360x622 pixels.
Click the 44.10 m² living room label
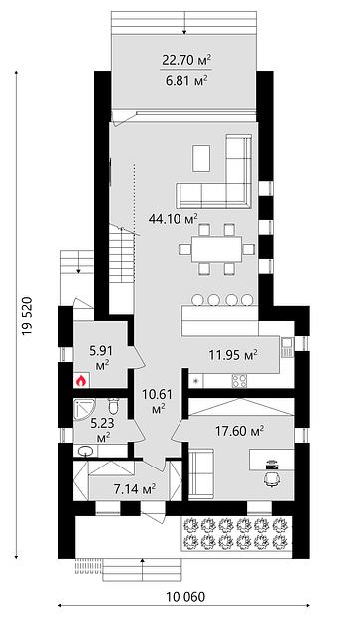[x=174, y=218]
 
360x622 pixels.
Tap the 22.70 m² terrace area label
[x=185, y=60]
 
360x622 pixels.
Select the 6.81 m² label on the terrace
[x=185, y=81]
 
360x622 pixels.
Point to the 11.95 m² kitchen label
[x=233, y=354]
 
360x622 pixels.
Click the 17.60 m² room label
[x=239, y=430]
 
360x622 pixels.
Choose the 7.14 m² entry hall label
[x=135, y=489]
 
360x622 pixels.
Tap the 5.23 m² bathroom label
[x=102, y=430]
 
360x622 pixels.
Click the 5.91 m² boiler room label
[x=101, y=358]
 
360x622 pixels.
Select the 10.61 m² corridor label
[x=158, y=402]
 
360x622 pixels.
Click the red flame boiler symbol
[x=81, y=381]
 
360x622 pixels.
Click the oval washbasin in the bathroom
[x=84, y=451]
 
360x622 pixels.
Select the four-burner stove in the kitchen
[x=239, y=381]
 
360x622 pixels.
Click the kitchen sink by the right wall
[x=287, y=346]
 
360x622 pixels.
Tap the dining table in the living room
[x=216, y=249]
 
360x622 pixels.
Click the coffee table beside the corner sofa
[x=202, y=158]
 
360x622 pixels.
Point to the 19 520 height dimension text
[x=27, y=316]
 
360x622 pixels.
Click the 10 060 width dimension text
[x=185, y=597]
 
